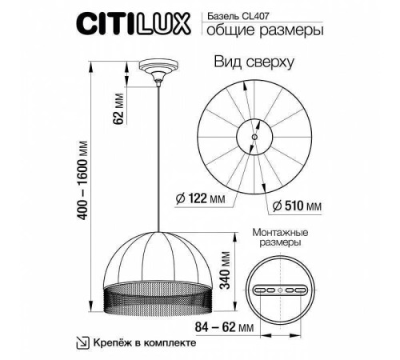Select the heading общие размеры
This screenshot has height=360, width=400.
[x=265, y=31]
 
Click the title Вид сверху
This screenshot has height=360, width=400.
[x=255, y=62]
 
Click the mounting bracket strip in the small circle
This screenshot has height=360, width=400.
[x=279, y=289]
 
